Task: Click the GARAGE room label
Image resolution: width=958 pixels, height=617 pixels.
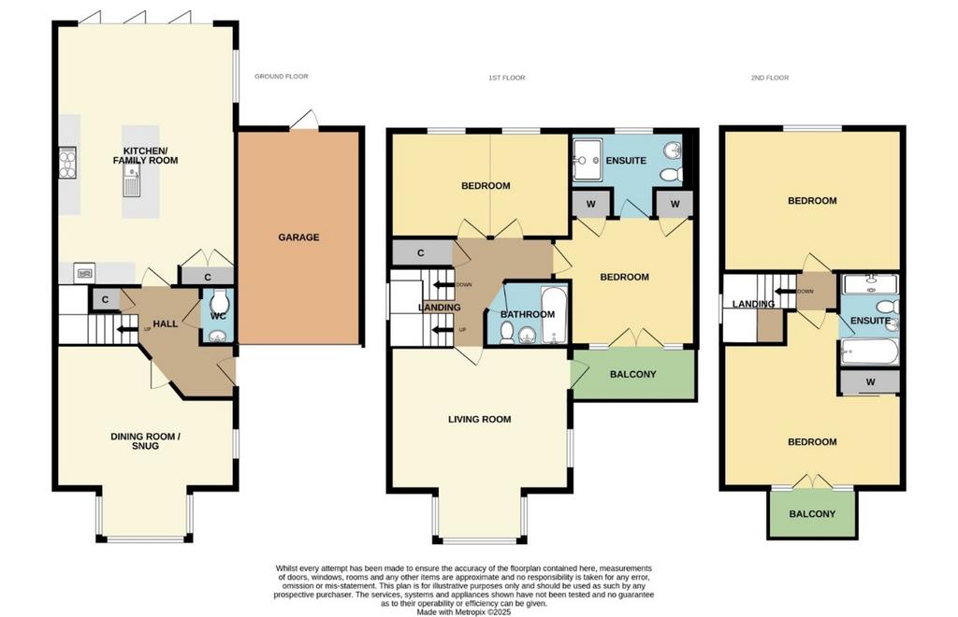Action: pyautogui.click(x=298, y=237)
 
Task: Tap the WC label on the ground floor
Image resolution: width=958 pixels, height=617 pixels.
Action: pyautogui.click(x=218, y=316)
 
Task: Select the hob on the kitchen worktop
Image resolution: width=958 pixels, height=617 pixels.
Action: pyautogui.click(x=67, y=163)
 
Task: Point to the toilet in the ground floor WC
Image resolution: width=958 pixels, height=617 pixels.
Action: pyautogui.click(x=219, y=300)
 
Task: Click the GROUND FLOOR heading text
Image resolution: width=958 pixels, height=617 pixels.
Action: pyautogui.click(x=281, y=77)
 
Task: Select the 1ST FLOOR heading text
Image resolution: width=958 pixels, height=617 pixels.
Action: pyautogui.click(x=506, y=78)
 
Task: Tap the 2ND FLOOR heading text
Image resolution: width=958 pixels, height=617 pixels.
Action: pyautogui.click(x=770, y=78)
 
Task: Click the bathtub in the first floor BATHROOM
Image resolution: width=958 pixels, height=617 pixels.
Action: pyautogui.click(x=555, y=314)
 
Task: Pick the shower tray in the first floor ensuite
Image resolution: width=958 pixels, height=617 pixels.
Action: pyautogui.click(x=588, y=160)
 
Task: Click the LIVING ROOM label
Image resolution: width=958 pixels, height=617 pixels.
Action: pyautogui.click(x=480, y=419)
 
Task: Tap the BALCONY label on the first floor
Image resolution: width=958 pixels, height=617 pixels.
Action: pyautogui.click(x=633, y=374)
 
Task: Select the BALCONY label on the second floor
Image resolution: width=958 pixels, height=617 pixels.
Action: pyautogui.click(x=812, y=514)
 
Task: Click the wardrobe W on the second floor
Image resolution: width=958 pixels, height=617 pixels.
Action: pyautogui.click(x=871, y=382)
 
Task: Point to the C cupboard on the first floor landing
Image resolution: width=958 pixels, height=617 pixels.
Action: pyautogui.click(x=421, y=252)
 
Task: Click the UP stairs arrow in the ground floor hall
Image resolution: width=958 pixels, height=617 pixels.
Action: pyautogui.click(x=127, y=330)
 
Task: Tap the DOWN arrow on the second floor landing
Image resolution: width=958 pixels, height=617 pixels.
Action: pyautogui.click(x=785, y=291)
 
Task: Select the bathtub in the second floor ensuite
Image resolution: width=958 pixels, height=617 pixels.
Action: pyautogui.click(x=870, y=352)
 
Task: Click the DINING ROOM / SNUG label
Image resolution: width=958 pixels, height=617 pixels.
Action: pyautogui.click(x=145, y=441)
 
